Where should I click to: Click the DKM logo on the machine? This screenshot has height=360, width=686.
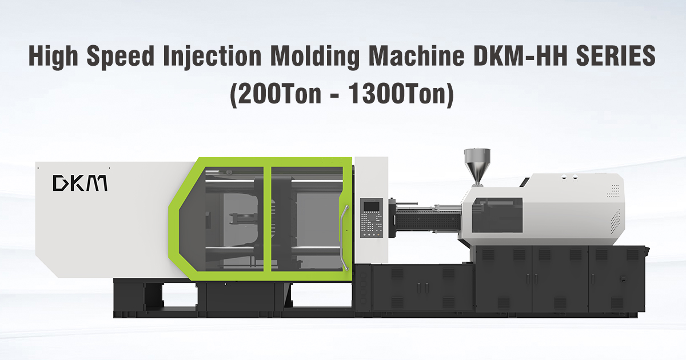click(x=80, y=183)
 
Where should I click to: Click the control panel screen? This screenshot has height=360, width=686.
click(x=370, y=208)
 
